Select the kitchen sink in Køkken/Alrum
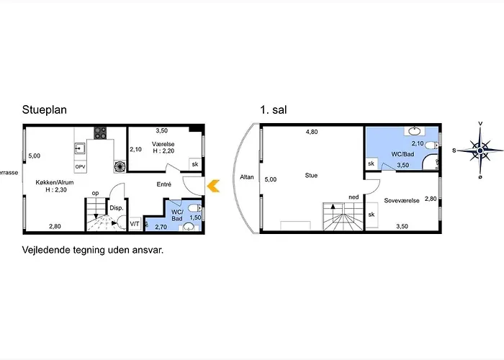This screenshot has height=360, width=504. (x=81, y=149)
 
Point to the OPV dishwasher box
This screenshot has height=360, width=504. (x=81, y=166)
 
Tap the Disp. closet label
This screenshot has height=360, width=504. (x=117, y=208)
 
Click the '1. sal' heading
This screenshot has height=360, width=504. (x=274, y=111)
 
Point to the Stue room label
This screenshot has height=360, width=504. (x=311, y=175)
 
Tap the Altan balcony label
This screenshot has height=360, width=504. (x=247, y=176)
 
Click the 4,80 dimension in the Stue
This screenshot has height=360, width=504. (x=311, y=132)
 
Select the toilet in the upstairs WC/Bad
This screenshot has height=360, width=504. (x=431, y=146)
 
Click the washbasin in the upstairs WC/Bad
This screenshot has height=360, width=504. (x=415, y=132)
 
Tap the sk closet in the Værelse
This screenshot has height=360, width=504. (x=194, y=164)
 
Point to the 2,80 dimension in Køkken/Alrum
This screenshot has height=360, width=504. (x=55, y=228)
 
